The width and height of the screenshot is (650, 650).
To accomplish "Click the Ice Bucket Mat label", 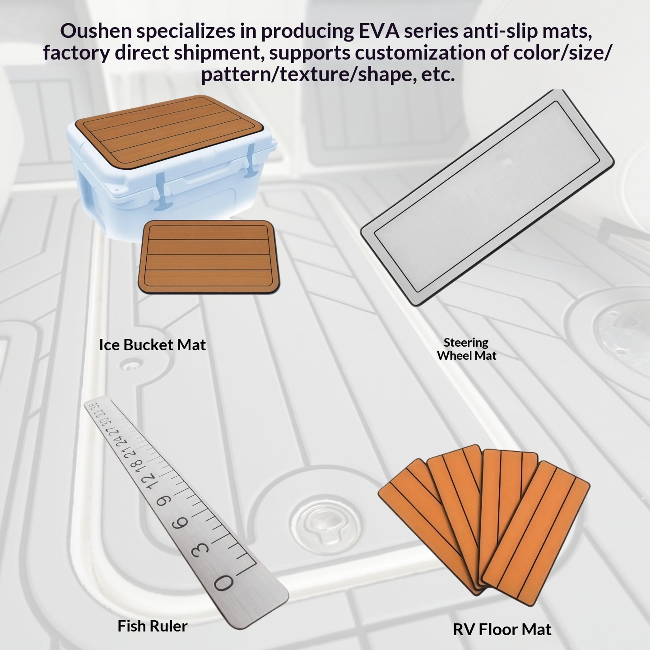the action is pos(153,345).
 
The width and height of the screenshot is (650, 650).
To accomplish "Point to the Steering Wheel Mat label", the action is pos(466,349).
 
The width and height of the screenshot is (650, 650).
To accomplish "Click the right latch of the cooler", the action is pos(251,160).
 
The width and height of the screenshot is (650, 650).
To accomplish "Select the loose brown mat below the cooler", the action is pos(209,257).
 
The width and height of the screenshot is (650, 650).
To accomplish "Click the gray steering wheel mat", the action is pos(487,198).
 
